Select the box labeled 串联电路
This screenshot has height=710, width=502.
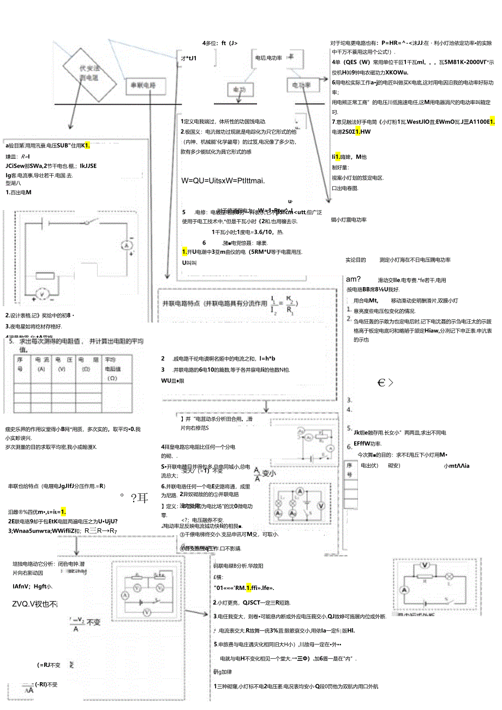141,86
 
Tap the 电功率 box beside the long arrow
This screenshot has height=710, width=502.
302,85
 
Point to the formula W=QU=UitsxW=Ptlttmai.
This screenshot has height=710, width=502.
223,181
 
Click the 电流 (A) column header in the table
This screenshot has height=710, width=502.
41,365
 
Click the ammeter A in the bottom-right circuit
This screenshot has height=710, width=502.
404,590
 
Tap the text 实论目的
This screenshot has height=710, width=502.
355,260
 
